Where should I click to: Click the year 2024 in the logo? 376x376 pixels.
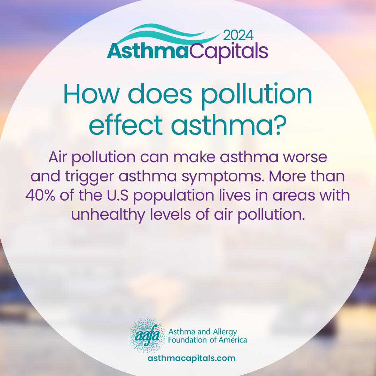tap(238, 35)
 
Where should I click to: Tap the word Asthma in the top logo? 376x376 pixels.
tap(148, 51)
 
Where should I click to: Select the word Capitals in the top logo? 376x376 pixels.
tap(229, 52)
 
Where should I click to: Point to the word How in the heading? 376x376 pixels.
tap(91, 94)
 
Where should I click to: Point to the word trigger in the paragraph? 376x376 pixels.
tap(89, 177)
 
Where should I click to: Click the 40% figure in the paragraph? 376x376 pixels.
tap(40, 195)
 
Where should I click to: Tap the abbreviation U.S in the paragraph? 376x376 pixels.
tap(118, 195)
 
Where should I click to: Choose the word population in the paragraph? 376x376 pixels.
tap(174, 196)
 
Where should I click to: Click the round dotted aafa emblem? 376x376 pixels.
tap(147, 336)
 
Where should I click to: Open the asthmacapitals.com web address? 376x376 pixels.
tap(191, 358)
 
